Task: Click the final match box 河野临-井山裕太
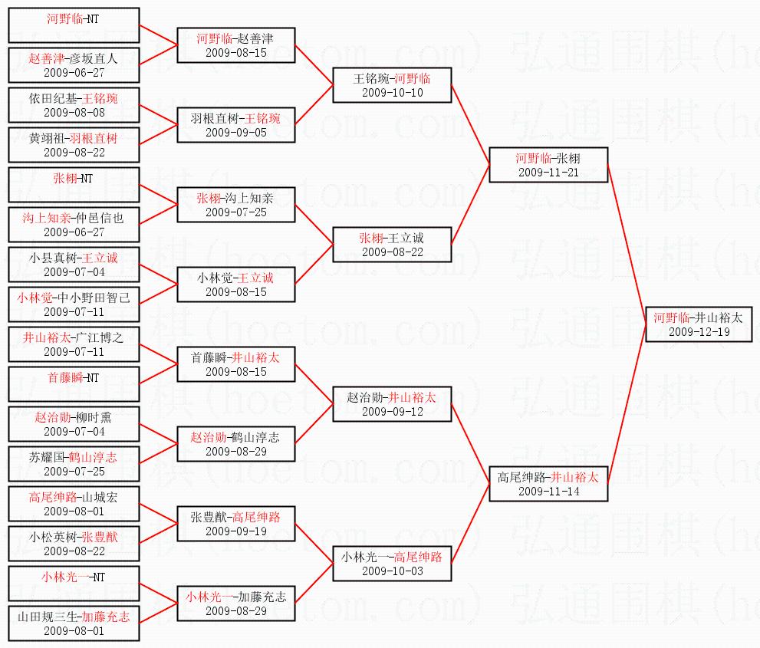[698, 324]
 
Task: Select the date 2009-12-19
[698, 332]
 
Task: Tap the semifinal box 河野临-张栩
[548, 166]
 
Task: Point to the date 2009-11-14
[548, 492]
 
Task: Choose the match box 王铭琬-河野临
[392, 85]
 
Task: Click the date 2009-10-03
[392, 571]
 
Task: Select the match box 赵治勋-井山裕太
[392, 404]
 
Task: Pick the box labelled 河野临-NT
[74, 25]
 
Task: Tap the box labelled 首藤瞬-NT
[74, 384]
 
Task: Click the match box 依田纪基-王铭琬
[74, 104]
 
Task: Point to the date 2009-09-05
[236, 133]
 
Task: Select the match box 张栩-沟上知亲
[236, 205]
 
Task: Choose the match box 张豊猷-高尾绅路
[236, 524]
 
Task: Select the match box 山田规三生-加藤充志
[74, 623]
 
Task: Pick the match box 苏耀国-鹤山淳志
[74, 464]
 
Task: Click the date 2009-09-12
[392, 412]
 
